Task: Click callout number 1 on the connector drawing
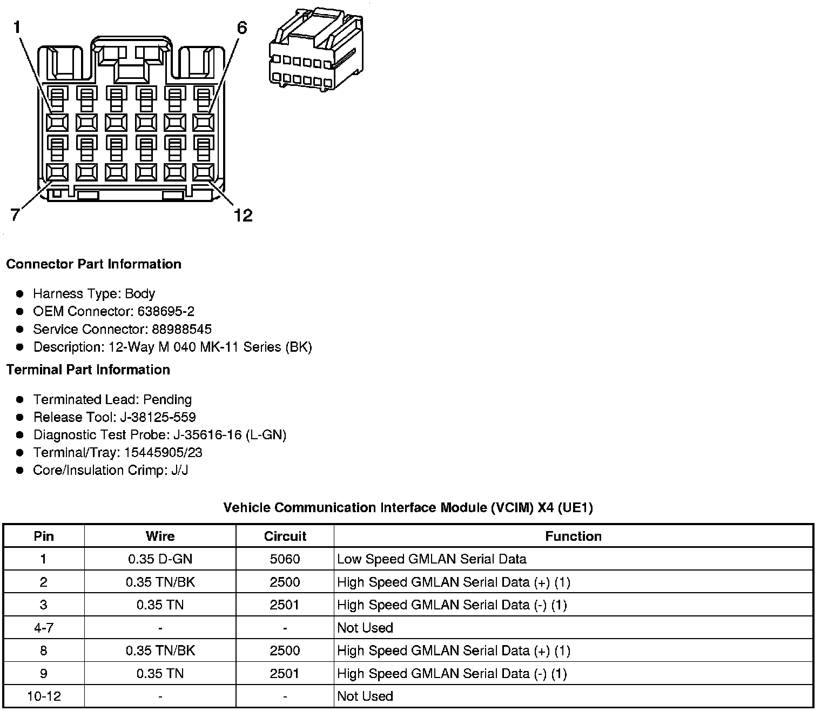17,26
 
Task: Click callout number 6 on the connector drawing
242,28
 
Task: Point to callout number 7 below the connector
15,215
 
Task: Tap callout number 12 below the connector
243,216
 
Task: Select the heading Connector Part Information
93,264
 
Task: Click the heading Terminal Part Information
88,370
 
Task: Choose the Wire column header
160,536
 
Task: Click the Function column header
573,536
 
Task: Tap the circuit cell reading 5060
285,559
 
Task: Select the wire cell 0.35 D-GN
160,559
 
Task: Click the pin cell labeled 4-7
44,628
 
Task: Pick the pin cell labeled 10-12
44,696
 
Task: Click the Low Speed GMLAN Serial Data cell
432,559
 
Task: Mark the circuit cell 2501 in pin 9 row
285,674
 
